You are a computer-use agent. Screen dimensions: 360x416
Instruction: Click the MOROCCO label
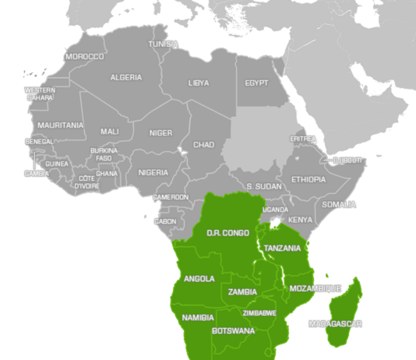coord(85,57)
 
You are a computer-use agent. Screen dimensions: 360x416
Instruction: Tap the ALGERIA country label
coord(126,78)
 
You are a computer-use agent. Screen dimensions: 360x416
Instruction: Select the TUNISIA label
coord(164,44)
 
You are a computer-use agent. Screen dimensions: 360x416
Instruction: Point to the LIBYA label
coord(199,83)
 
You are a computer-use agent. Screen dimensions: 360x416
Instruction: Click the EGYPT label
coord(256,83)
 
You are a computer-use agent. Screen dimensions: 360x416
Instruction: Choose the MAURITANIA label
coord(60,125)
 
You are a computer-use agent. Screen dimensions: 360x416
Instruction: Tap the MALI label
coord(109,132)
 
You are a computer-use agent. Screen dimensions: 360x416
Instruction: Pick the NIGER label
coord(160,132)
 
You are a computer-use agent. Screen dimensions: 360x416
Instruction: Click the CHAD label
coord(203,145)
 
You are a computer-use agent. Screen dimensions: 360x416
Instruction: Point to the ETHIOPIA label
coord(308,179)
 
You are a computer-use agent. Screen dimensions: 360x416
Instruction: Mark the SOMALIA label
coord(339,204)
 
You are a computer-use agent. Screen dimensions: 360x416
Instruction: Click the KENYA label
coord(300,220)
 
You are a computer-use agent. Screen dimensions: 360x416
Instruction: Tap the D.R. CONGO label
coord(227,233)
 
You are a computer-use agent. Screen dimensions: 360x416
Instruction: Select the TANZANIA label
coord(282,249)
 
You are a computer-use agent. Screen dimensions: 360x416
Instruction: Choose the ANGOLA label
coord(199,279)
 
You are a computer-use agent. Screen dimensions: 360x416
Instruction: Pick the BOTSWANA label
coord(233,331)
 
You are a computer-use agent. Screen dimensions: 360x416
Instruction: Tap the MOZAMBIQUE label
coord(315,288)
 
